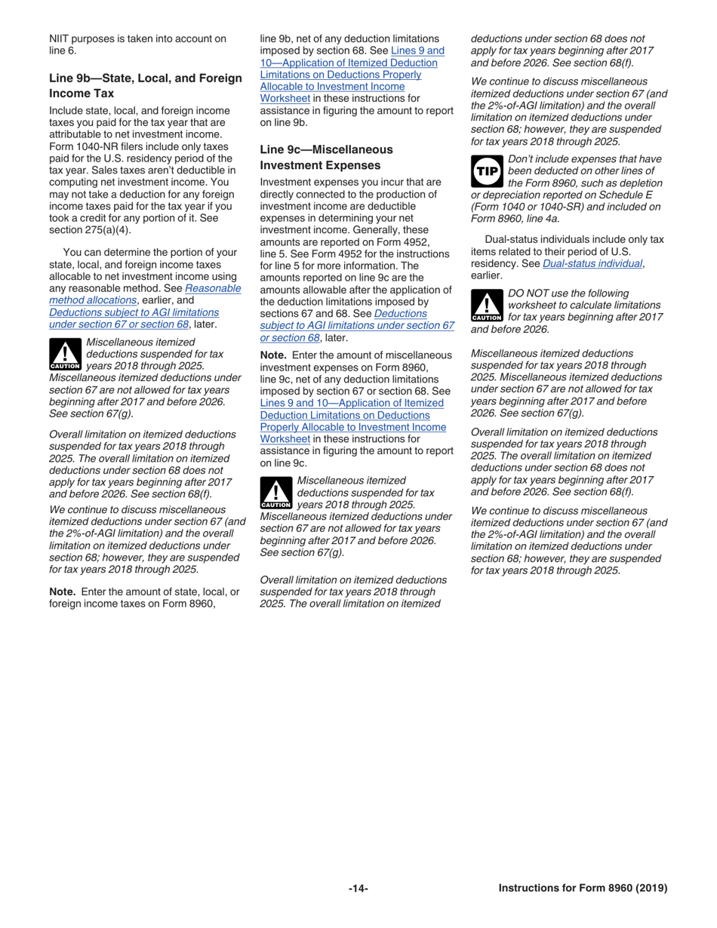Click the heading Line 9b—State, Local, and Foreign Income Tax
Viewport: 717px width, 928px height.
tap(146, 85)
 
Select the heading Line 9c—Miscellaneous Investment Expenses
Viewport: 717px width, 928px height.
tap(326, 157)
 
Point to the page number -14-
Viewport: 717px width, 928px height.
tap(358, 888)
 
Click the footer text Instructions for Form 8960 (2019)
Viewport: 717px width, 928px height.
tap(583, 888)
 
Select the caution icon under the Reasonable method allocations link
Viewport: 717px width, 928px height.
tap(64, 355)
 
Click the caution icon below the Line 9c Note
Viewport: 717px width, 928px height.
tap(275, 493)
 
